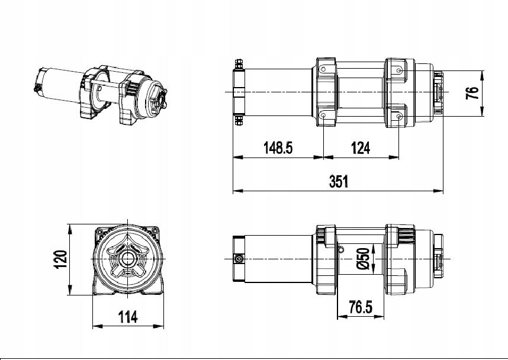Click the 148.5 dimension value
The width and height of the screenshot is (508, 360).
[278, 148]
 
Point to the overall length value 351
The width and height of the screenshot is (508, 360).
[339, 182]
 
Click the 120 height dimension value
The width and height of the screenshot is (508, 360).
[60, 259]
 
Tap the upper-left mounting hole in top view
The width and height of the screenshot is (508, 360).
[324, 70]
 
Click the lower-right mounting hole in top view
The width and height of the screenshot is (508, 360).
[400, 116]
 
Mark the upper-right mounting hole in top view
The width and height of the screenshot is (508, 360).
[400, 70]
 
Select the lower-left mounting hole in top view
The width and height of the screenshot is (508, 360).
[324, 116]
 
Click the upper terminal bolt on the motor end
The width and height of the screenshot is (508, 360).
[238, 64]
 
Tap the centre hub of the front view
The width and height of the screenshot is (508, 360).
[127, 259]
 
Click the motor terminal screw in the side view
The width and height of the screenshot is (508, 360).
[239, 259]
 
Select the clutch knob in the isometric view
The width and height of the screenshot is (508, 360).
[160, 101]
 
